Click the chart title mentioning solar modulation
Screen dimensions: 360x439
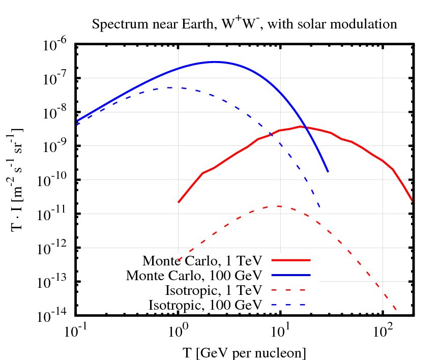pos(244,23)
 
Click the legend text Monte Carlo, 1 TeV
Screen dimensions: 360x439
pos(202,261)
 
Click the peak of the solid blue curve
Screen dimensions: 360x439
pos(214,62)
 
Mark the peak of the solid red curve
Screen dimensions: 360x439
pos(302,127)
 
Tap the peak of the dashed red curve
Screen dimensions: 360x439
pos(278,206)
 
